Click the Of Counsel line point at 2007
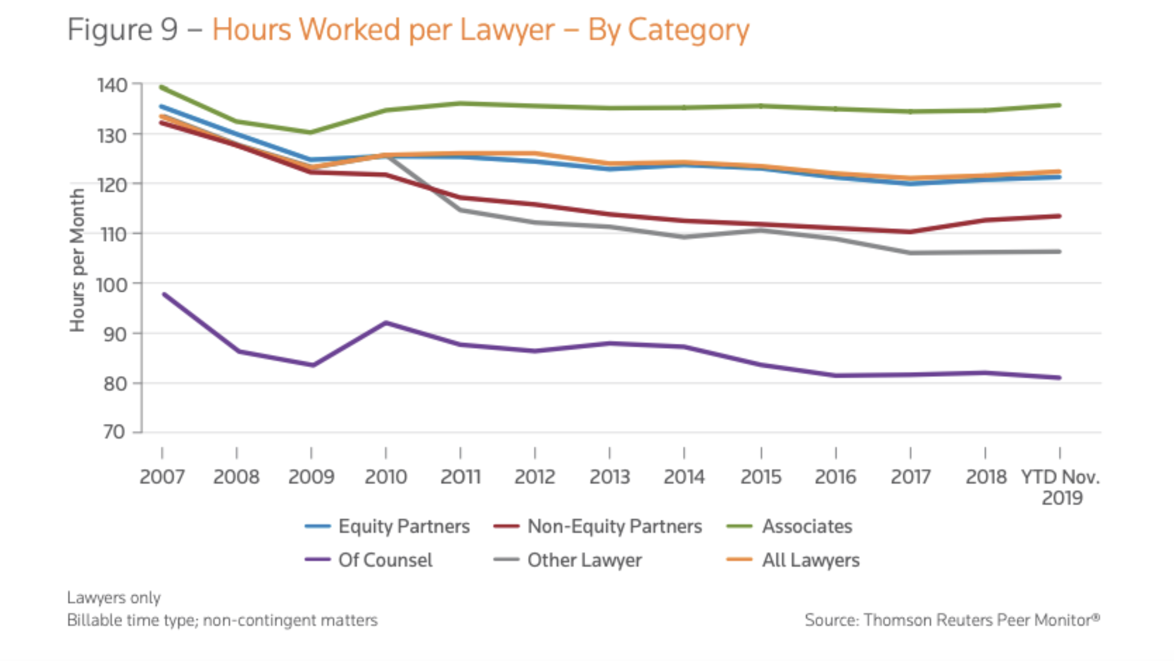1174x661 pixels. tap(164, 294)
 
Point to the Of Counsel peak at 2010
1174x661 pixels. tap(386, 323)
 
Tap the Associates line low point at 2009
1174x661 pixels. tap(311, 132)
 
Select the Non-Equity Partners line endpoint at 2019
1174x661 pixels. tap(1059, 216)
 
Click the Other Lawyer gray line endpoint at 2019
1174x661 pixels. tap(1059, 252)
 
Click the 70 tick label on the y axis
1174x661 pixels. tap(114, 432)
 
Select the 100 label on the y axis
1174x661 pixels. tap(112, 284)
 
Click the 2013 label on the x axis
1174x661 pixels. tap(609, 476)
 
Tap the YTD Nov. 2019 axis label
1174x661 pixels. tap(1061, 487)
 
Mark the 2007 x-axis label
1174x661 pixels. tap(162, 476)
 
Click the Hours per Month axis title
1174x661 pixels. tap(77, 260)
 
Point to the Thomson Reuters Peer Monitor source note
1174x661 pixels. tap(951, 620)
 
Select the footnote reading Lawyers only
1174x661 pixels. tap(113, 598)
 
